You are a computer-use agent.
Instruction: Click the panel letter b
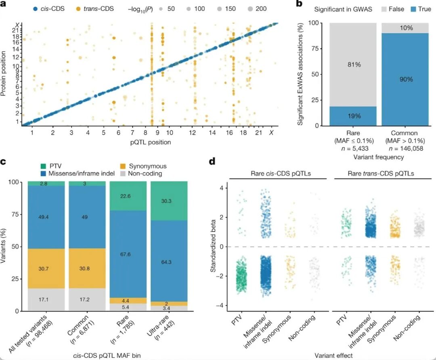coord(299,4)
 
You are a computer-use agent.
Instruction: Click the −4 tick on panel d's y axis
coord(221,306)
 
